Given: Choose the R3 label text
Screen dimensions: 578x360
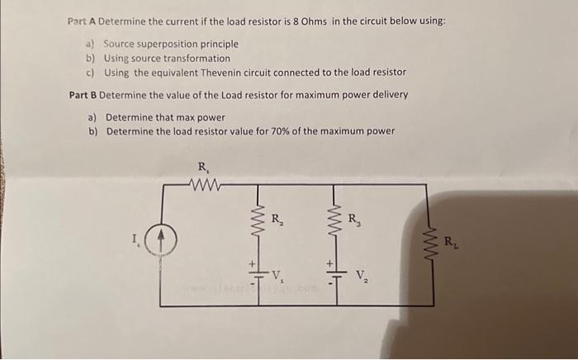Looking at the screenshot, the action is point(354,220).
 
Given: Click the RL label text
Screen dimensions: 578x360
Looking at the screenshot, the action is point(451,242).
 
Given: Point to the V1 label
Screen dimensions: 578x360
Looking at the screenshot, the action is point(279,274).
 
